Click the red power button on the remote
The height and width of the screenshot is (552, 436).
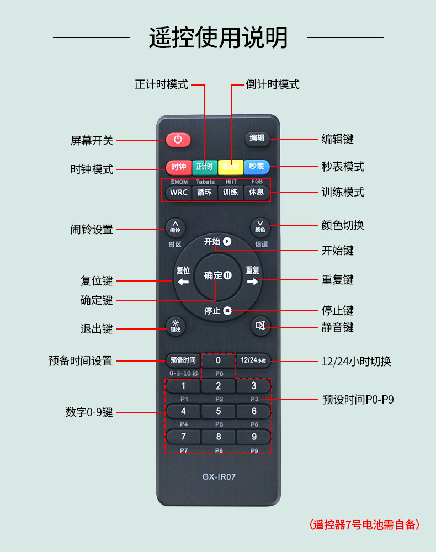tap(178, 139)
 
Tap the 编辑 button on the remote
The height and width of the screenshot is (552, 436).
tap(257, 139)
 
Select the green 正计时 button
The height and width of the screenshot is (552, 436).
tap(205, 167)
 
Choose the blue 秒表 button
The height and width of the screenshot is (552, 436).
tap(256, 167)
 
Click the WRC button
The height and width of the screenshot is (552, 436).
tap(178, 193)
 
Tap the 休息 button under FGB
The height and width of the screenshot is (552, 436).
tap(257, 193)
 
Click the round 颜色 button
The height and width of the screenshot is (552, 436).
tap(260, 227)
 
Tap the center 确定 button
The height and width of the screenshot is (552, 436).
tap(217, 275)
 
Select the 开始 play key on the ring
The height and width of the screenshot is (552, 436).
tap(217, 241)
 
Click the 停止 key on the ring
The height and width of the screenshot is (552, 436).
tap(217, 311)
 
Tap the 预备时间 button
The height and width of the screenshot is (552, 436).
tap(183, 360)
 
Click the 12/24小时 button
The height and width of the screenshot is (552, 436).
tap(253, 360)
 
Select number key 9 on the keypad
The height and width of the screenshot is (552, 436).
tap(254, 437)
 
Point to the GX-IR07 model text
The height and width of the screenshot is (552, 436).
tap(219, 476)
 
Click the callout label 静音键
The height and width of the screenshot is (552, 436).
tap(337, 327)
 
